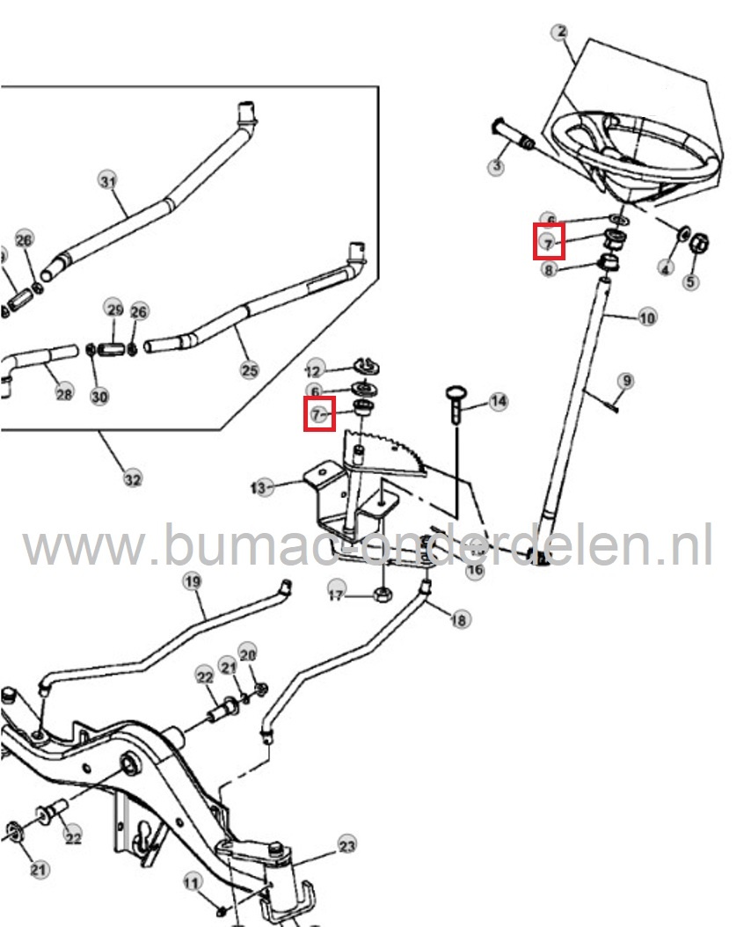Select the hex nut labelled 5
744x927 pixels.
pyautogui.click(x=702, y=242)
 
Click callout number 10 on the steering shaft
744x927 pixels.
pyautogui.click(x=647, y=317)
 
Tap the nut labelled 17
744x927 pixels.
pyautogui.click(x=383, y=595)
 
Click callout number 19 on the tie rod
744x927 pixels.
pyautogui.click(x=191, y=581)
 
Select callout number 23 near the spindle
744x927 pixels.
pyautogui.click(x=346, y=846)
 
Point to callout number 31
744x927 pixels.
pyautogui.click(x=106, y=182)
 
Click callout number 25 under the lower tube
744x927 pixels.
pyautogui.click(x=249, y=369)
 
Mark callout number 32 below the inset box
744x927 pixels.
pyautogui.click(x=131, y=479)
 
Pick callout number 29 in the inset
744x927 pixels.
pyautogui.click(x=115, y=309)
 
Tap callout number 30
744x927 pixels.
pyautogui.click(x=99, y=396)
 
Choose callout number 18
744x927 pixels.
pyautogui.click(x=458, y=620)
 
